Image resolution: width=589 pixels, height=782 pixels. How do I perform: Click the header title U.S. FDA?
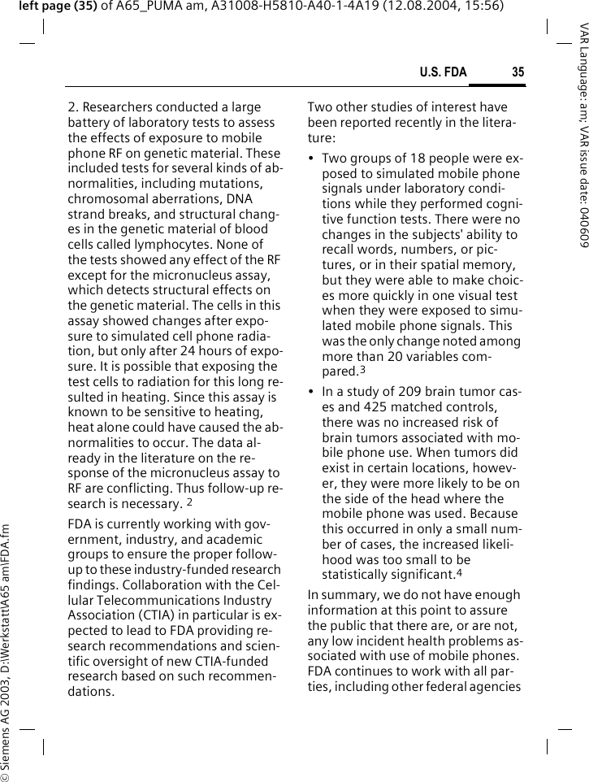pos(443,72)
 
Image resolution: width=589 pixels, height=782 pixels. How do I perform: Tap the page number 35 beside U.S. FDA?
pos(518,72)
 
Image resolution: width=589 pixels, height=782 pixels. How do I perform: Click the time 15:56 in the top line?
pos(485,7)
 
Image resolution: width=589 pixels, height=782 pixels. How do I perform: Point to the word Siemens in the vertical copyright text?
pos(6,739)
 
